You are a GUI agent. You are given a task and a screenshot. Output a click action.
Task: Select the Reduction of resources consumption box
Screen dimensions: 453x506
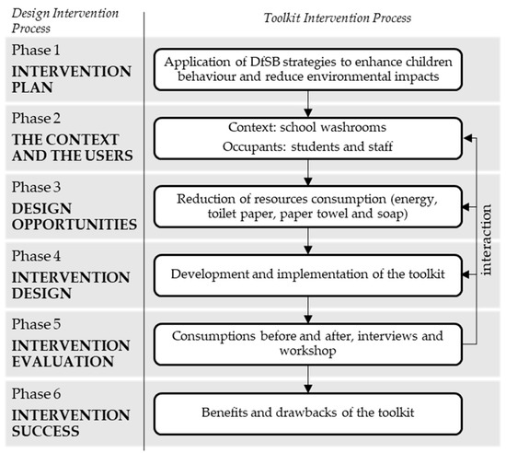[x=314, y=204]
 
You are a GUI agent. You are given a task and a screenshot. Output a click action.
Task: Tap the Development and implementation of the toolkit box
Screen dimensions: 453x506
[x=314, y=272]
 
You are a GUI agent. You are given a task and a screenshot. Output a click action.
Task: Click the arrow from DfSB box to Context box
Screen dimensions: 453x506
[x=314, y=102]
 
